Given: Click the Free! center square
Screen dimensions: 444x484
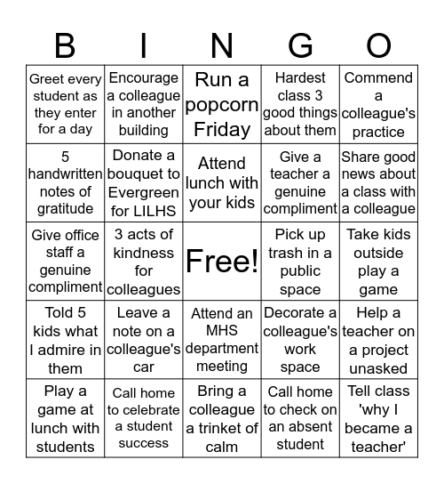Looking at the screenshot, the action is [x=221, y=261].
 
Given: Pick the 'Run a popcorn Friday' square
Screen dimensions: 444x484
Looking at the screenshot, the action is [x=221, y=105].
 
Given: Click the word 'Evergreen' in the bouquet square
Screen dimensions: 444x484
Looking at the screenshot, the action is [x=144, y=191].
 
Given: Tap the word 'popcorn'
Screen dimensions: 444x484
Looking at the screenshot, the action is [x=221, y=105].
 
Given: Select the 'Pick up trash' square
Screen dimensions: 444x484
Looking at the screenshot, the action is [x=300, y=261].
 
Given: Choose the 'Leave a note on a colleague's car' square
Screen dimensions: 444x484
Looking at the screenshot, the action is [x=144, y=339].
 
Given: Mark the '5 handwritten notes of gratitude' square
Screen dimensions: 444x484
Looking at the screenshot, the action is [x=65, y=182].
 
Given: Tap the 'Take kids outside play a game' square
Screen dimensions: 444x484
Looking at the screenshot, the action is [x=378, y=261].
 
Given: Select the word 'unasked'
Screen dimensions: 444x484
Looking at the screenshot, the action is [x=378, y=367].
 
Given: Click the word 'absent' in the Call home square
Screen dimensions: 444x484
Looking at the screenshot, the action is [x=300, y=427].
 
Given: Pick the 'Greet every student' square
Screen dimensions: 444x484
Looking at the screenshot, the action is [x=65, y=105].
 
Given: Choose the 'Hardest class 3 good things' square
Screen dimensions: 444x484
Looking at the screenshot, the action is [x=300, y=105].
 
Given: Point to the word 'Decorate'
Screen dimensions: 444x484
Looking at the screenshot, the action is [x=300, y=312].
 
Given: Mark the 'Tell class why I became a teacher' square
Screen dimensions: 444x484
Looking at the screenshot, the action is [x=378, y=417].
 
